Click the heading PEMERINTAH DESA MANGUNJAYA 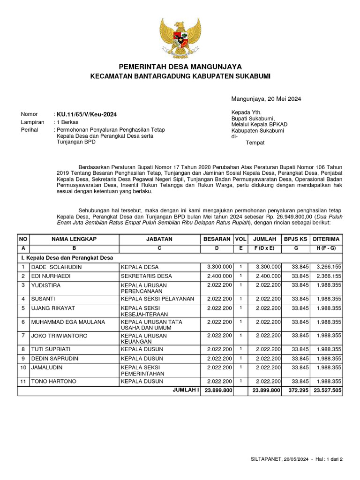click(x=180, y=67)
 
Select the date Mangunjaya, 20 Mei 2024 click(x=266, y=99)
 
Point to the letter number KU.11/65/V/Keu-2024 click(x=87, y=114)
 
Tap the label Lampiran click(x=32, y=122)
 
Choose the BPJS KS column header click(x=295, y=239)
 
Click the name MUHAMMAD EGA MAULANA click(x=68, y=322)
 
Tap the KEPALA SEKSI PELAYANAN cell click(x=157, y=299)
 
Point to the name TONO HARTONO click(x=53, y=382)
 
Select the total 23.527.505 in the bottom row click(x=328, y=390)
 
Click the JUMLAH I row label click(x=186, y=390)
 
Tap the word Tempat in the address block click(x=255, y=142)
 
